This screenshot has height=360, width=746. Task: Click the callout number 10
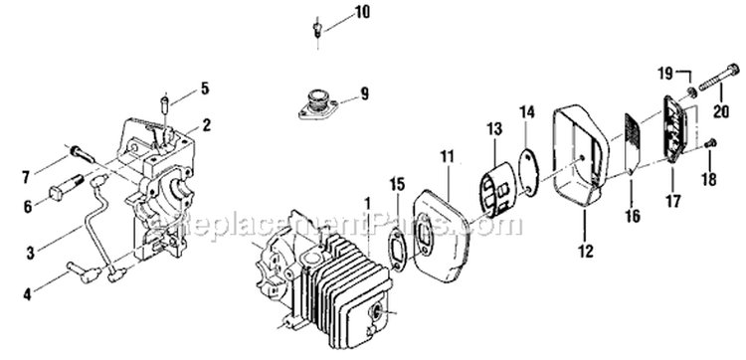pyautogui.click(x=362, y=12)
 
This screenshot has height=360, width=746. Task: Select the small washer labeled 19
pyautogui.click(x=691, y=91)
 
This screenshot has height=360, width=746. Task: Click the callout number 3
pyautogui.click(x=31, y=253)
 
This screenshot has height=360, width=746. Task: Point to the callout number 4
pyautogui.click(x=27, y=294)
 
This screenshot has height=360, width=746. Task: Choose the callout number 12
pyautogui.click(x=587, y=251)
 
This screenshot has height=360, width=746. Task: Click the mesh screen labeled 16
pyautogui.click(x=633, y=142)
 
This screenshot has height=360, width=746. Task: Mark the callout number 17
pyautogui.click(x=673, y=202)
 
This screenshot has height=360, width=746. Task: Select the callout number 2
pyautogui.click(x=207, y=125)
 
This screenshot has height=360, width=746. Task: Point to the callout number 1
pyautogui.click(x=367, y=204)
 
